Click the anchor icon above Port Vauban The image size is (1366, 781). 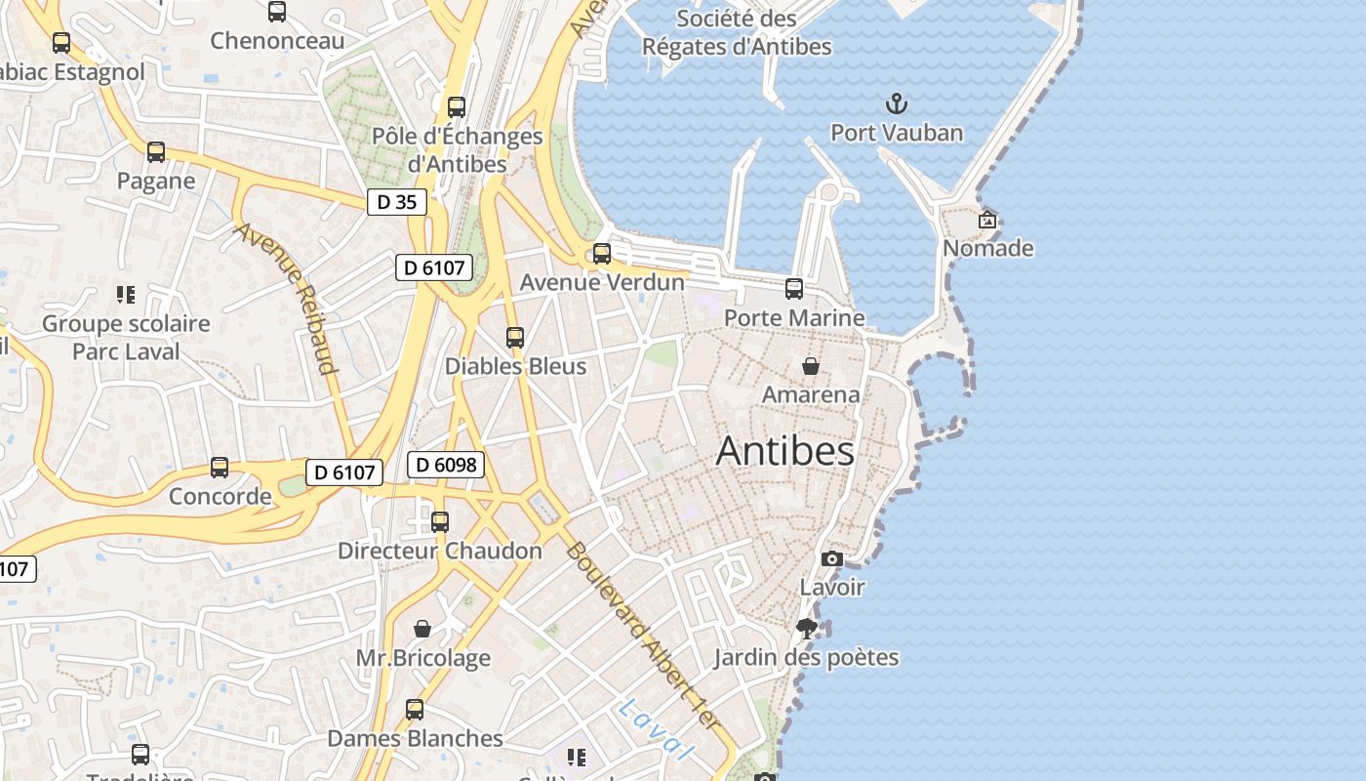896,103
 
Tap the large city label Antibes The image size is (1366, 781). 784,451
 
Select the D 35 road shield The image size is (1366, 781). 397,202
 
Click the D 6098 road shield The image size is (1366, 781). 446,465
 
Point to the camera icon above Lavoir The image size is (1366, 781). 831,558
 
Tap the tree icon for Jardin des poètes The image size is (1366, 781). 806,628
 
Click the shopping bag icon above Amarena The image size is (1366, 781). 810,366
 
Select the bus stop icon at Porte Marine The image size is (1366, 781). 794,289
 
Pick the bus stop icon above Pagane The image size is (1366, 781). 156,152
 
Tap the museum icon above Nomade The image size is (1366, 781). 987,220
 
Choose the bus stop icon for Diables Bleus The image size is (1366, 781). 515,338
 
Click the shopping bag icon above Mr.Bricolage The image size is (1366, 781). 422,629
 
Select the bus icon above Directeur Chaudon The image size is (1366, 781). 440,522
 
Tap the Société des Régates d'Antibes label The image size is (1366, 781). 738,32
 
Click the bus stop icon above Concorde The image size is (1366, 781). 220,468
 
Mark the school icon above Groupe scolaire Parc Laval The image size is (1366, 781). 125,294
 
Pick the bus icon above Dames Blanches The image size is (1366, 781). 415,710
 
